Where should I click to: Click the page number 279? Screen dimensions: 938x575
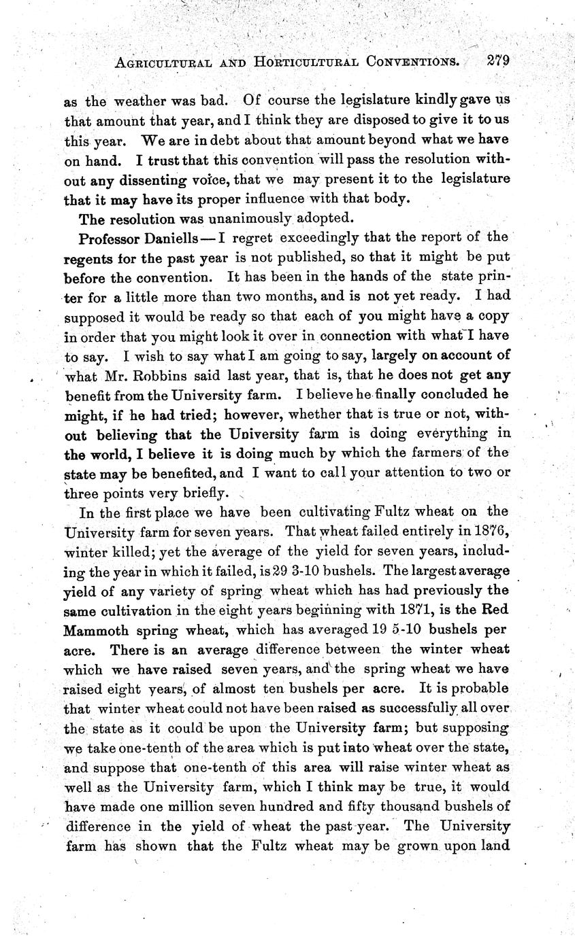click(x=498, y=60)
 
